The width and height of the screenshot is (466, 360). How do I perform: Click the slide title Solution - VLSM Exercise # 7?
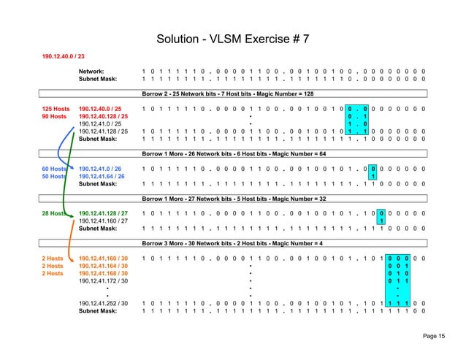pyautogui.click(x=232, y=37)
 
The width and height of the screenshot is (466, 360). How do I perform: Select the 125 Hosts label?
pyautogui.click(x=55, y=109)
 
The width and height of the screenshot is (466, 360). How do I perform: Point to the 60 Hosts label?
pyautogui.click(x=53, y=169)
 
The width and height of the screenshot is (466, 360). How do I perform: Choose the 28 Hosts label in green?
pyautogui.click(x=53, y=213)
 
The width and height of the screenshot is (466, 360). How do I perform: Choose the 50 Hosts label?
pyautogui.click(x=53, y=176)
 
